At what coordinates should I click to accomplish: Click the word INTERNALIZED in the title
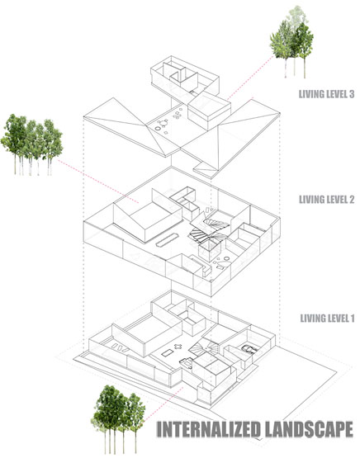tap(209, 429)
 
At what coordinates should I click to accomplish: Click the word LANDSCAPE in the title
tap(309, 429)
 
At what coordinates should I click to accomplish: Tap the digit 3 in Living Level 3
tap(351, 94)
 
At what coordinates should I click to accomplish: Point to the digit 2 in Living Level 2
tap(351, 200)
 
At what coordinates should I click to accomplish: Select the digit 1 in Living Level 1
tap(352, 318)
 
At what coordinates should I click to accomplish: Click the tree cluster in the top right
tap(291, 42)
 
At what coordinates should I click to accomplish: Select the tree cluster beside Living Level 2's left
tap(31, 145)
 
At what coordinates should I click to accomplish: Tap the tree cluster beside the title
tap(118, 418)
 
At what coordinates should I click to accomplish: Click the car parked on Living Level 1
tap(249, 349)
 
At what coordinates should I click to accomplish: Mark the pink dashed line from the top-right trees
tap(251, 78)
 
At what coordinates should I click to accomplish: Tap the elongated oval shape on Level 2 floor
tap(167, 240)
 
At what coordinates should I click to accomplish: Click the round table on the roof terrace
tap(163, 123)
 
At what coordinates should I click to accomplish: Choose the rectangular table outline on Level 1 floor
tap(168, 353)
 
